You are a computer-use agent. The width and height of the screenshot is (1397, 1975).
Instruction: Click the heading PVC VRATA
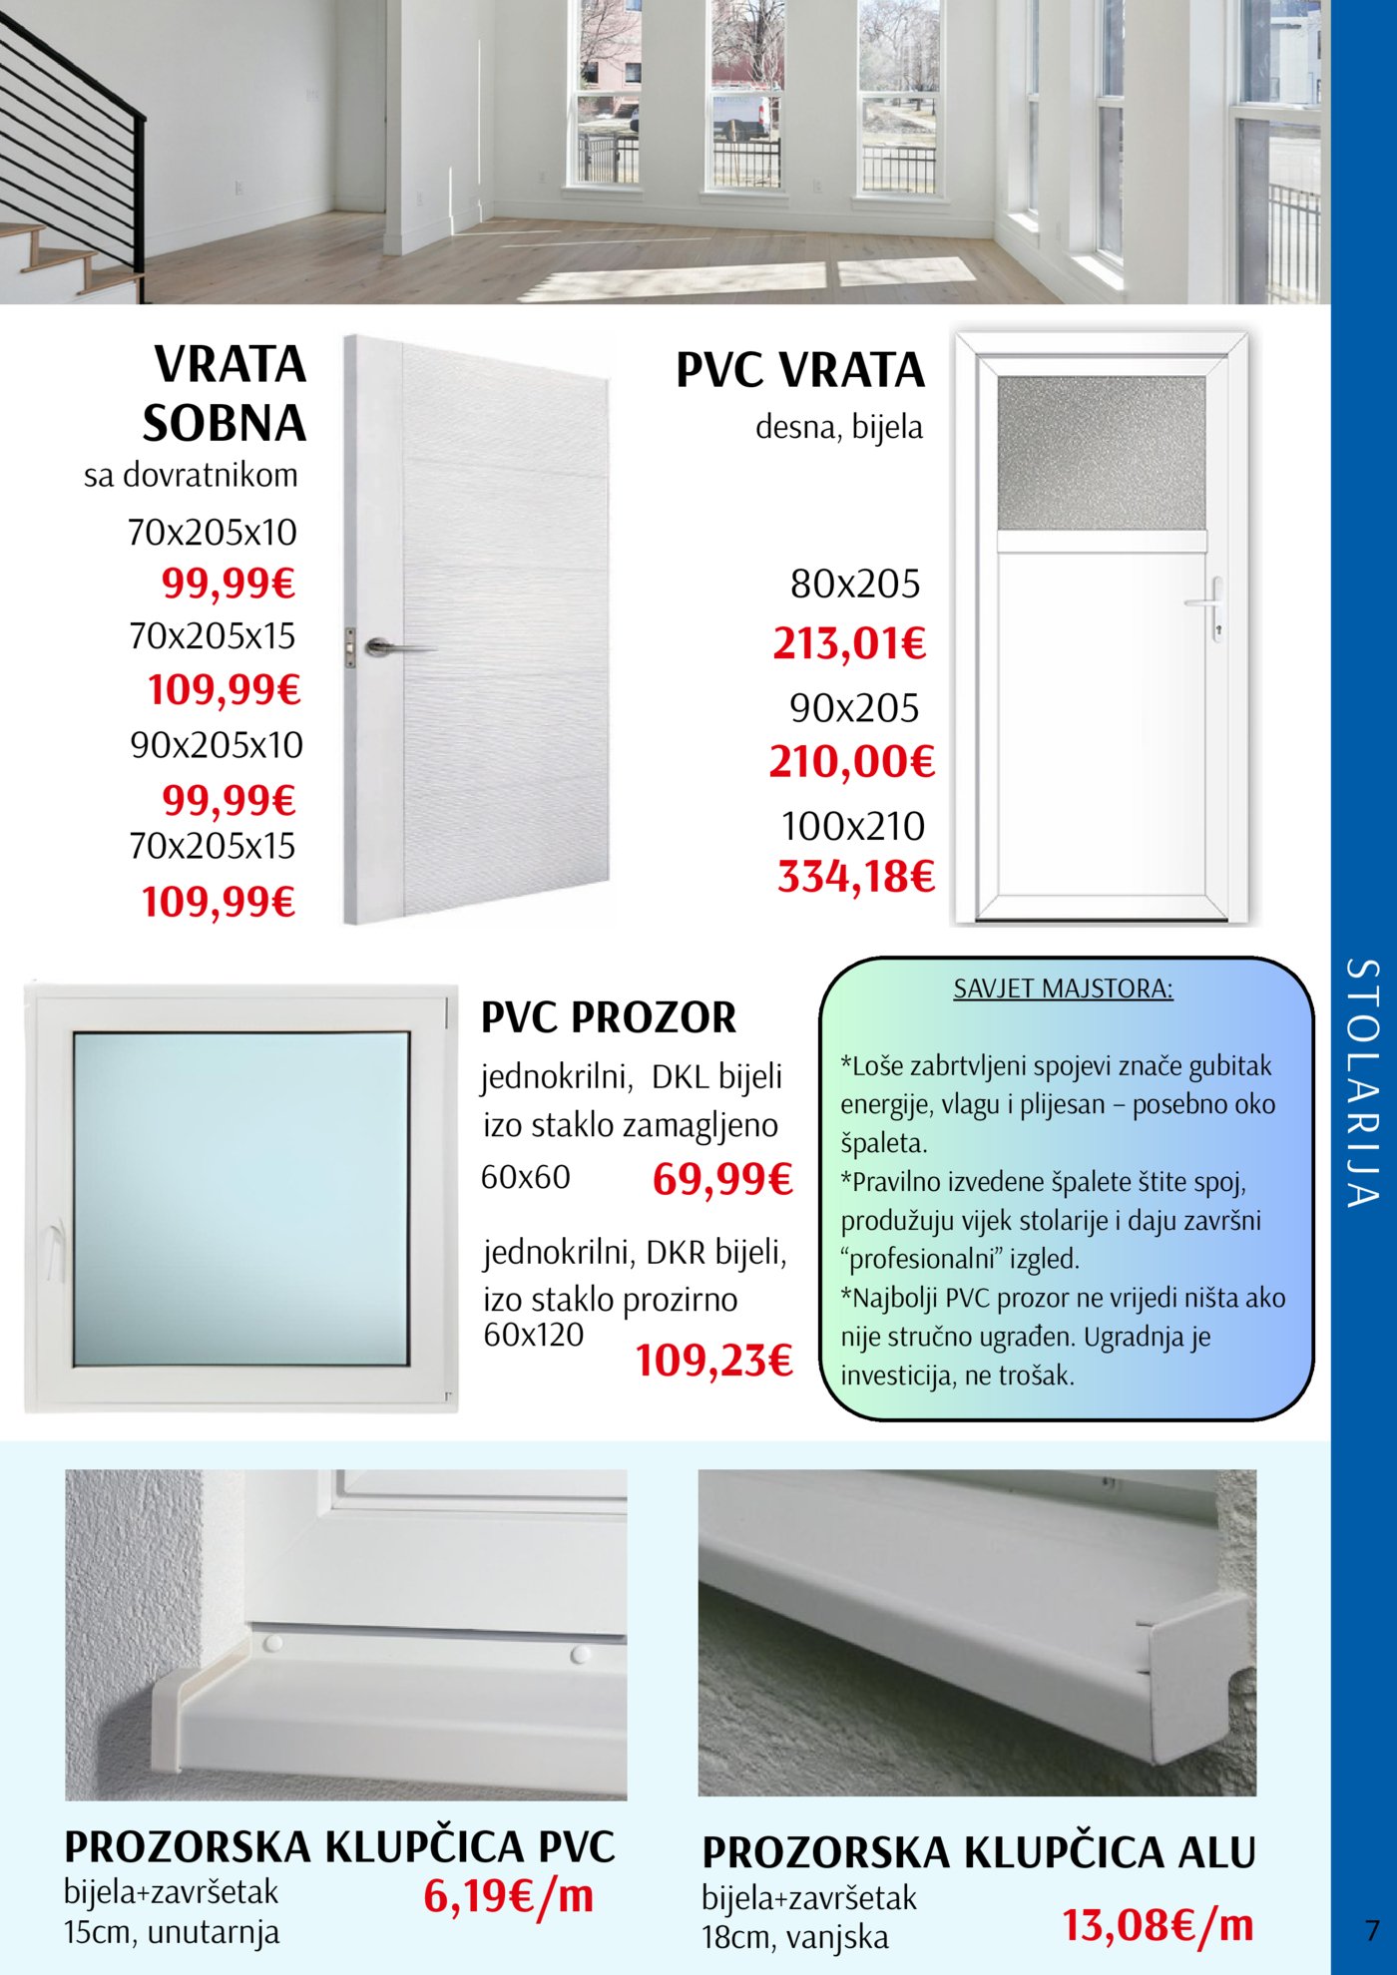tap(800, 370)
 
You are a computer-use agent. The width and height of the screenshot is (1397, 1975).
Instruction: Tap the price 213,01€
tap(849, 643)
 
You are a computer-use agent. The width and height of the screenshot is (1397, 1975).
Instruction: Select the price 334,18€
tap(856, 877)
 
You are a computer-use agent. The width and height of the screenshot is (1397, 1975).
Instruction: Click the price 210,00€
tap(851, 762)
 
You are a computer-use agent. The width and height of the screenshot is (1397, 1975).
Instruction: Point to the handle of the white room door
tap(394, 648)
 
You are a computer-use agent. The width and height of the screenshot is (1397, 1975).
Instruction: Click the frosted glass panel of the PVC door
tap(1102, 454)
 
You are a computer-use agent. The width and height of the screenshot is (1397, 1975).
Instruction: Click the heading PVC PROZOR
tap(609, 1018)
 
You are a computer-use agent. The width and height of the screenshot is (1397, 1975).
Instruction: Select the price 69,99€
tap(722, 1180)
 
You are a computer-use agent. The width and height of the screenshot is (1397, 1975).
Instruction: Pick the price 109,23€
tap(714, 1361)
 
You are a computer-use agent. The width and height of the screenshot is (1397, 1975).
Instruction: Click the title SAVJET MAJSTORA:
tap(1063, 988)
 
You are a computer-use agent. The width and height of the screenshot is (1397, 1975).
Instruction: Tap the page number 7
tap(1372, 1929)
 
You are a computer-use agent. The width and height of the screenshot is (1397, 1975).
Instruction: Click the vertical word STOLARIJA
tap(1362, 1082)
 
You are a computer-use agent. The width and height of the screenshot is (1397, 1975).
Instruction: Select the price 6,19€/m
tap(508, 1896)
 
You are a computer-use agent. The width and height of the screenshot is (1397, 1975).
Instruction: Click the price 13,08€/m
tap(1158, 1925)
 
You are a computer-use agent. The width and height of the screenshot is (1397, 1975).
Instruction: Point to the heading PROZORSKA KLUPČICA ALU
tap(978, 1852)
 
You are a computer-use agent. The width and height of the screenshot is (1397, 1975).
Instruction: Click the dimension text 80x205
tap(855, 585)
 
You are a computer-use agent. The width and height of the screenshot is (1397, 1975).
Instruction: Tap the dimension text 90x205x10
tap(217, 745)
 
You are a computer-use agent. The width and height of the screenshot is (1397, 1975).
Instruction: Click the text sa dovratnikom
tap(191, 475)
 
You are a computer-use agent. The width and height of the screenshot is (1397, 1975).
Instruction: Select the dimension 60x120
tap(534, 1335)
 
